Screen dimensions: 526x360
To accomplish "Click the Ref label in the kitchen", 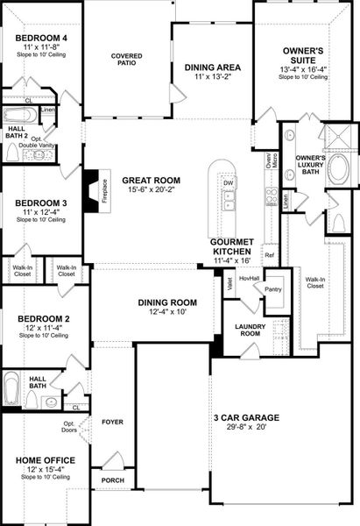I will click(269, 255).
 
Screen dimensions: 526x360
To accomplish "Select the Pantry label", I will click(273, 288).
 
